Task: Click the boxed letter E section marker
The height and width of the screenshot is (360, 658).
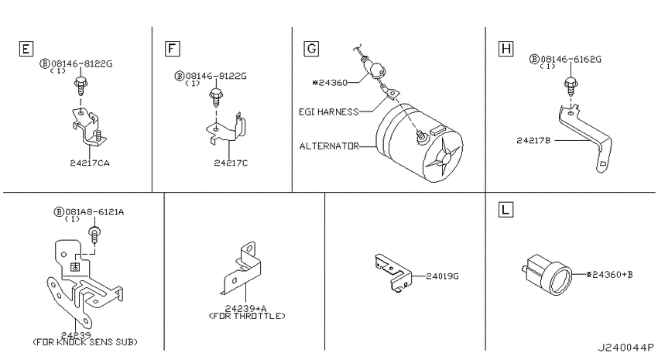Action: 26,49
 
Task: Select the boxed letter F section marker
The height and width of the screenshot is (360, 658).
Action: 172,49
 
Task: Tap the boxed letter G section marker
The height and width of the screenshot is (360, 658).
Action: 311,49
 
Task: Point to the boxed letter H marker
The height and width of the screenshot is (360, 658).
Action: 506,49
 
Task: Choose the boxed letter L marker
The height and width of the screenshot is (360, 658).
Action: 506,209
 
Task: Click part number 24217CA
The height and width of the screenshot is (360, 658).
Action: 90,163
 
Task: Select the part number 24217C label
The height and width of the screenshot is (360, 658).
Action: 231,163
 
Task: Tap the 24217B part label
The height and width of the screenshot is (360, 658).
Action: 533,141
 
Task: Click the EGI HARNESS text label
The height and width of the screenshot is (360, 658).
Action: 328,112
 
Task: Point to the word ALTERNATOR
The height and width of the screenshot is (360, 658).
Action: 330,146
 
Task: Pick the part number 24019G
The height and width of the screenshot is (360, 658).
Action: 442,276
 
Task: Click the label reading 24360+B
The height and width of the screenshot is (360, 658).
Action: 610,275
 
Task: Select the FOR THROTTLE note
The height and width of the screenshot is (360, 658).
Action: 247,316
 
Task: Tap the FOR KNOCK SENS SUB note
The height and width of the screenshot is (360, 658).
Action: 85,342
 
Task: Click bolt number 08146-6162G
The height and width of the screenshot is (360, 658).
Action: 571,60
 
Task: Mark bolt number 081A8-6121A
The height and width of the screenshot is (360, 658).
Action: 94,212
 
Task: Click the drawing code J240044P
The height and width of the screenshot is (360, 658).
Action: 625,348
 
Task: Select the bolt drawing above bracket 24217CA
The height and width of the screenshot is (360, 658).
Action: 80,87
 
